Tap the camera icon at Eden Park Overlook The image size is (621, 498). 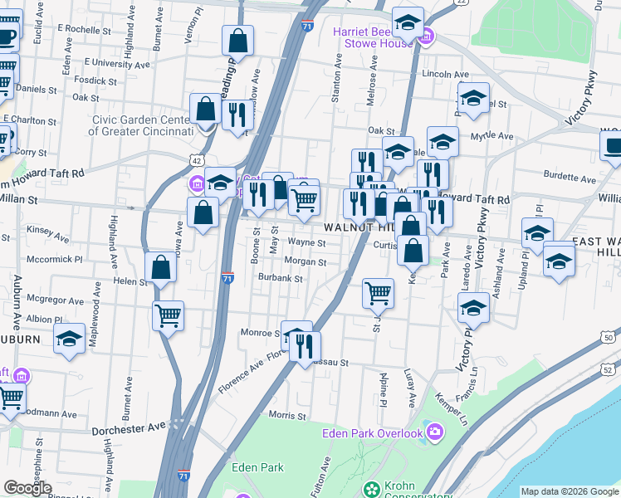point(436,430)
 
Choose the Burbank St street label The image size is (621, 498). point(279,278)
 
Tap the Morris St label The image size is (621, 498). point(287,414)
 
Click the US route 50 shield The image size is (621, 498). point(609,338)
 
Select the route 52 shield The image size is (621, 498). point(609,369)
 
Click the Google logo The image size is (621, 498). point(27,488)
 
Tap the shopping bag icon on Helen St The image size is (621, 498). point(161,267)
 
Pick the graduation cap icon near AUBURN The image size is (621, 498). point(70,339)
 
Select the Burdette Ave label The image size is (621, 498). point(570,178)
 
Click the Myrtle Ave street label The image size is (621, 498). point(493,136)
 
